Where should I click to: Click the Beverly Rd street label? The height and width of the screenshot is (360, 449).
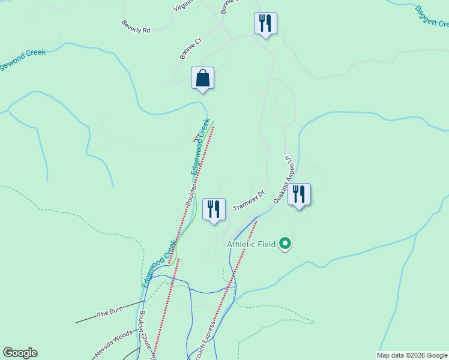(136, 26)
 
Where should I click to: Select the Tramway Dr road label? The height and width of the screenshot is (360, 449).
(249, 200)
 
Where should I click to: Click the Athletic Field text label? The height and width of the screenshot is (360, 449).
(251, 244)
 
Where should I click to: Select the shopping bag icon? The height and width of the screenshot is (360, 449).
(203, 78)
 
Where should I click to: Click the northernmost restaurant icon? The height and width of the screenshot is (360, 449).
(265, 23)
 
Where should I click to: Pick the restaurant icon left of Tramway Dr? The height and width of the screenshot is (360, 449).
(214, 209)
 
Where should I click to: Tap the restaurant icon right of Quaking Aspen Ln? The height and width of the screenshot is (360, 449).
(299, 194)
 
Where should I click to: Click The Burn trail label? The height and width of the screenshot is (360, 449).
(110, 314)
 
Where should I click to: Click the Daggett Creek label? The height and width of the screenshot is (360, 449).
(432, 17)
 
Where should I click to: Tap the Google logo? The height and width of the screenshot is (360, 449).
(20, 353)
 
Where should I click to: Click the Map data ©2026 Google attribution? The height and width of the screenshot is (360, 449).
(412, 355)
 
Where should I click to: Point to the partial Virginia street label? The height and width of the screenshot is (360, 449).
(184, 5)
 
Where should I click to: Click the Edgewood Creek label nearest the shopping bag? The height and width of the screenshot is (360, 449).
(200, 147)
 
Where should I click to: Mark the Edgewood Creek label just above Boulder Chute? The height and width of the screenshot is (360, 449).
(160, 264)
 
